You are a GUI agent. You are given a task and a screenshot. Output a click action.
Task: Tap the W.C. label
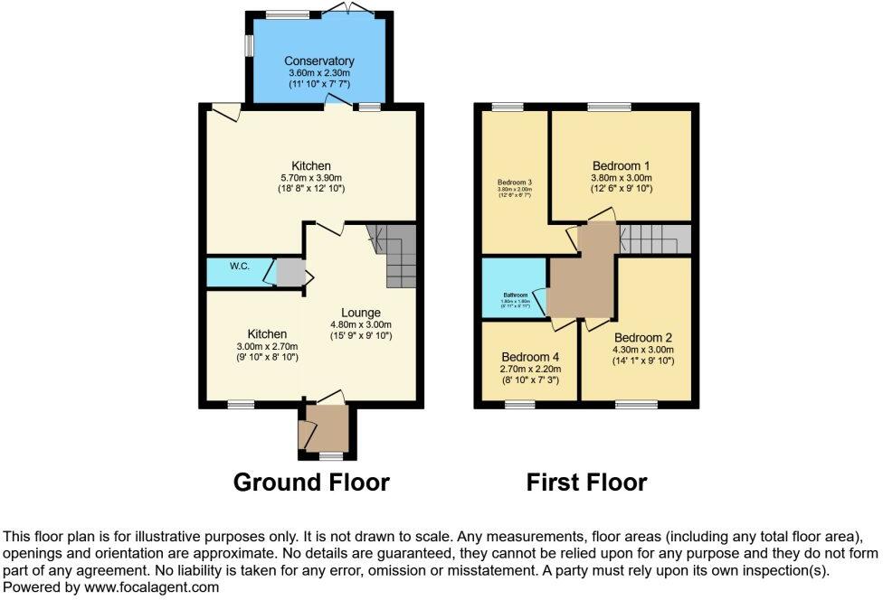[239, 266]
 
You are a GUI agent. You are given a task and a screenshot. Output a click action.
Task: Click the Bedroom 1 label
[622, 166]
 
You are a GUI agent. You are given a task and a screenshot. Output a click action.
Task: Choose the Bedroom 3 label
[514, 182]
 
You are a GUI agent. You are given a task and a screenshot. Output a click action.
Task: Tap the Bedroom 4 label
[531, 356]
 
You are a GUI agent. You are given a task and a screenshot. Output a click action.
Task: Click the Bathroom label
[515, 295]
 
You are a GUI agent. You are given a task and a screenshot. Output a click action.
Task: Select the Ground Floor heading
[311, 483]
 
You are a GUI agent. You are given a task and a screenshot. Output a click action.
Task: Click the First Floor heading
[586, 483]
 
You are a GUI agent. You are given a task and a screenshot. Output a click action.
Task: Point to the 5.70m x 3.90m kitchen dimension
[310, 178]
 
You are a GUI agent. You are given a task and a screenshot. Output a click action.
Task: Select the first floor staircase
[655, 240]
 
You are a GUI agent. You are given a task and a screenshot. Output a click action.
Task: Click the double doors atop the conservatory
[347, 9]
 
